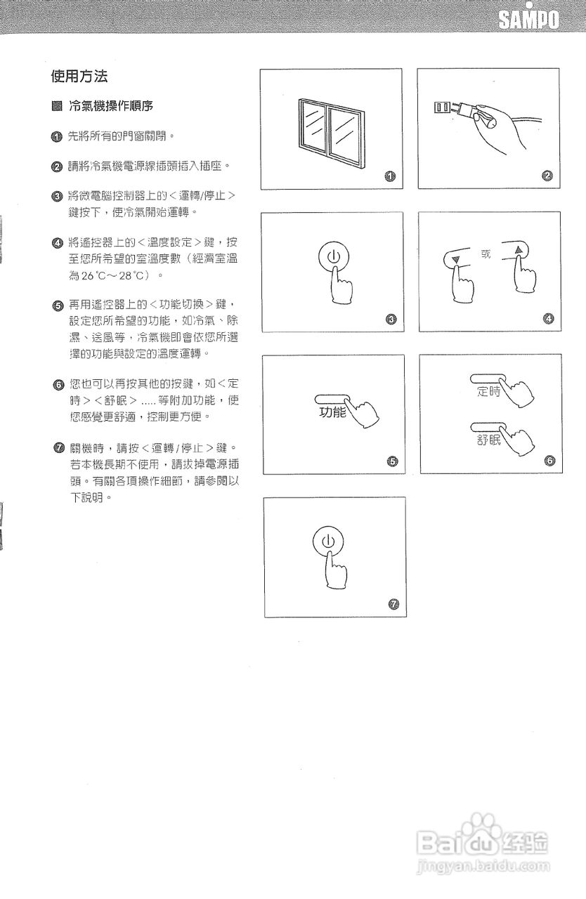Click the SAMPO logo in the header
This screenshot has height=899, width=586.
pyautogui.click(x=529, y=20)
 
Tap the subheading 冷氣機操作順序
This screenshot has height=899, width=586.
pyautogui.click(x=110, y=107)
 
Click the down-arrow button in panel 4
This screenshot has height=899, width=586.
pyautogui.click(x=457, y=258)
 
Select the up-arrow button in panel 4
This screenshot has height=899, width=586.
pyautogui.click(x=519, y=249)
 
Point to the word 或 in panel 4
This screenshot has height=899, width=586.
pyautogui.click(x=486, y=253)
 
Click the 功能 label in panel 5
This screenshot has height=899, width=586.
pyautogui.click(x=332, y=413)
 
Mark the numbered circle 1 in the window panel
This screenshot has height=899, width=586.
pyautogui.click(x=391, y=176)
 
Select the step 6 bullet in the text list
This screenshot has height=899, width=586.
pyautogui.click(x=56, y=385)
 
